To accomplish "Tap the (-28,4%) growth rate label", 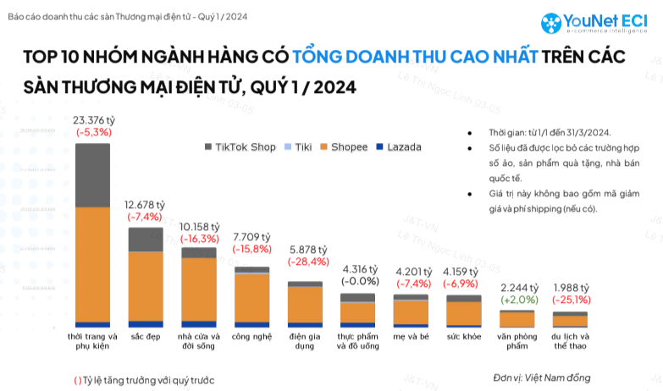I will click(304, 262).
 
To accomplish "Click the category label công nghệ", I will click(251, 336).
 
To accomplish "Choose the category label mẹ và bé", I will click(411, 336).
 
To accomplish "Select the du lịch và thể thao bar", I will click(570, 319).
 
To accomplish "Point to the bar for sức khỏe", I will click(463, 311).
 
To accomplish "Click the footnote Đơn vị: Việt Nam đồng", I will click(541, 377).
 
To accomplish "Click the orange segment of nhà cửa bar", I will click(198, 289).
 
